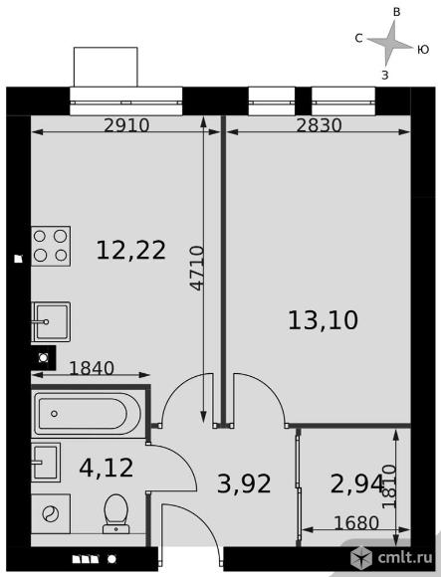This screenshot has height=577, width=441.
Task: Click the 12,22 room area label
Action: tap(131, 251)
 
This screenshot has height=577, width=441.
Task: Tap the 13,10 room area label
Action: tap(323, 320)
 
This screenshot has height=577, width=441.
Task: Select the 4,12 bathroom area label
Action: tap(106, 468)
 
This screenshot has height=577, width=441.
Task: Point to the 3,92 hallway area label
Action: tap(244, 483)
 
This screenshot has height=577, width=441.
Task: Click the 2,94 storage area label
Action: tap(357, 483)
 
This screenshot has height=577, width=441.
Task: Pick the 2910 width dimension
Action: tap(126, 125)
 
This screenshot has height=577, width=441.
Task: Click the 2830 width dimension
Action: tap(320, 125)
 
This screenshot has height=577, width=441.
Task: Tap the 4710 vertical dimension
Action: tap(198, 269)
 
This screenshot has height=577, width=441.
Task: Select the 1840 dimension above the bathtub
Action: tap(92, 368)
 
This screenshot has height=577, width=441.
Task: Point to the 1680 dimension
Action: tap(356, 523)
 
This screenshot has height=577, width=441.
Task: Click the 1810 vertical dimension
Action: tap(389, 486)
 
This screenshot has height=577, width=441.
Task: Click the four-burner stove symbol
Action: tap(51, 246)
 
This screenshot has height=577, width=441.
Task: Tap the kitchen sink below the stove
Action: tap(51, 321)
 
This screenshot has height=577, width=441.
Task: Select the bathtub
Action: tap(87, 414)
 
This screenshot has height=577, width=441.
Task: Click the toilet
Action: tap(115, 513)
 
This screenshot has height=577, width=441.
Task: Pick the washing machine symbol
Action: tap(51, 513)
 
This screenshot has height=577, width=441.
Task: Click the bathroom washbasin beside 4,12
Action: tap(46, 463)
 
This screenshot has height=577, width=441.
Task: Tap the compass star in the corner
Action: tap(389, 44)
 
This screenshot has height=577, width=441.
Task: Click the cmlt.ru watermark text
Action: tap(405, 558)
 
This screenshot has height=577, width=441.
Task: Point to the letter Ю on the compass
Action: tap(423, 50)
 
